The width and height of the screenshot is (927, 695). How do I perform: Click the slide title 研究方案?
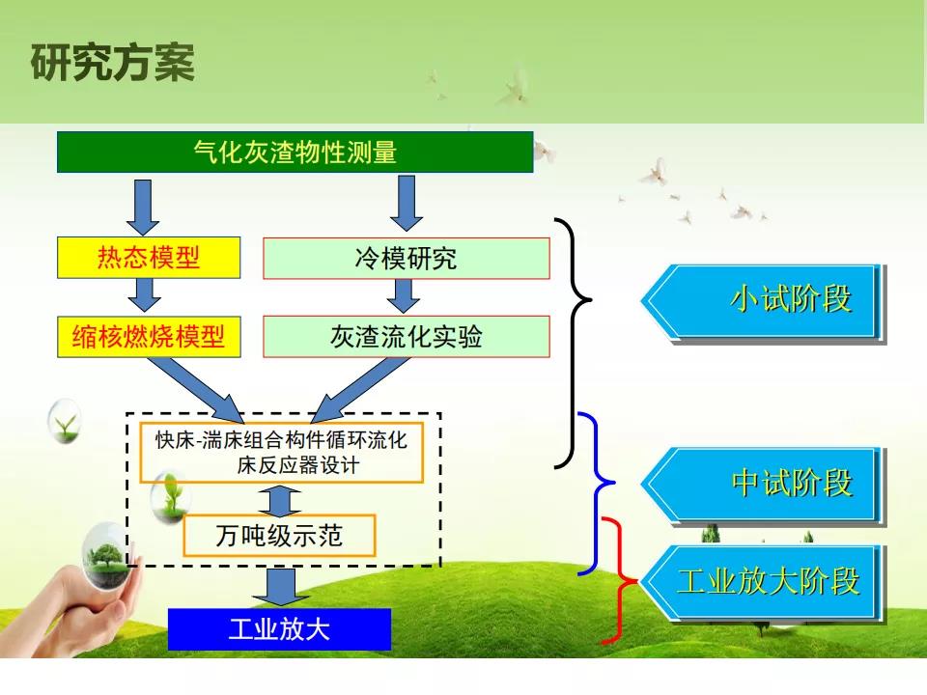112,62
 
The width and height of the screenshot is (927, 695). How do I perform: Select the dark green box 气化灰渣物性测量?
295,153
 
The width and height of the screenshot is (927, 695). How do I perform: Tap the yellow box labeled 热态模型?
149,258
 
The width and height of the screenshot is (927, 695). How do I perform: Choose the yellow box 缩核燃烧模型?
149,337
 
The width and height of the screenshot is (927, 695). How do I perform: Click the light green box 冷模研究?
407,259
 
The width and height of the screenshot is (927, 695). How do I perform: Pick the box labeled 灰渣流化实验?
407,337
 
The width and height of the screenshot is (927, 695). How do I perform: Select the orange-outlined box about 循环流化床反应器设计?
281,453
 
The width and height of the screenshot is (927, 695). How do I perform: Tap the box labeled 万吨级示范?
279,536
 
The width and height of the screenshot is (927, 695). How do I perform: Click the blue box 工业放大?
279,628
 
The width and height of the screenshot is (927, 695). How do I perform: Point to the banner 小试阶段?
763,302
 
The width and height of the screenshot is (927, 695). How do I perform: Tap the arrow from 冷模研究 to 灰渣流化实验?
404,296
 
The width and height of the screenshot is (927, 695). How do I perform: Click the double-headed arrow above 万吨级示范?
280,501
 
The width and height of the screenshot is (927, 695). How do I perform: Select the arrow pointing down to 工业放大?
280,586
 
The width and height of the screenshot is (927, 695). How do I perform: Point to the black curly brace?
573,343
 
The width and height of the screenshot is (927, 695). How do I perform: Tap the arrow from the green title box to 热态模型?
143,208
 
